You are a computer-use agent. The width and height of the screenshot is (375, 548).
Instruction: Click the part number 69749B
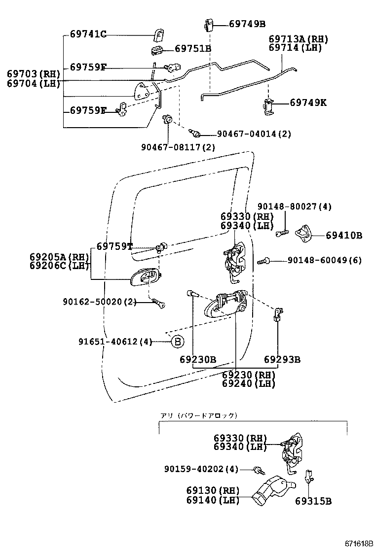247,24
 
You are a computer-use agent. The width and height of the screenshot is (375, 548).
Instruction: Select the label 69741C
88,34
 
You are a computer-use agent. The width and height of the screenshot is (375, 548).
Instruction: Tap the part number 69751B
193,48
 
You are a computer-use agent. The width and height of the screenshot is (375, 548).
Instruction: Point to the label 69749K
308,103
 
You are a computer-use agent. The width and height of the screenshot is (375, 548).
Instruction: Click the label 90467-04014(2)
254,134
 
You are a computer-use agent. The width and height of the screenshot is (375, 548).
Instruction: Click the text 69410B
344,236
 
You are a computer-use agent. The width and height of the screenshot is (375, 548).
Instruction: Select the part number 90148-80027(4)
295,206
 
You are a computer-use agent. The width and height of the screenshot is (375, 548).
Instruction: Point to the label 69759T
114,246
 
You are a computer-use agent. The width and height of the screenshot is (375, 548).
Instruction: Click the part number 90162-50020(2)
99,301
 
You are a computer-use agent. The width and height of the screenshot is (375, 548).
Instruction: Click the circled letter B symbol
177,341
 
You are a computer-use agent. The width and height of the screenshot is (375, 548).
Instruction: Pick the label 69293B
282,360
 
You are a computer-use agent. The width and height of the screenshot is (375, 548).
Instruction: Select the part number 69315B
313,501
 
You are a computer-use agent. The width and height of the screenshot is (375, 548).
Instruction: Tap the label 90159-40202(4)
201,469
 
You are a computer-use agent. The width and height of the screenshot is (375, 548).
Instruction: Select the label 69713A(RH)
298,39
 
